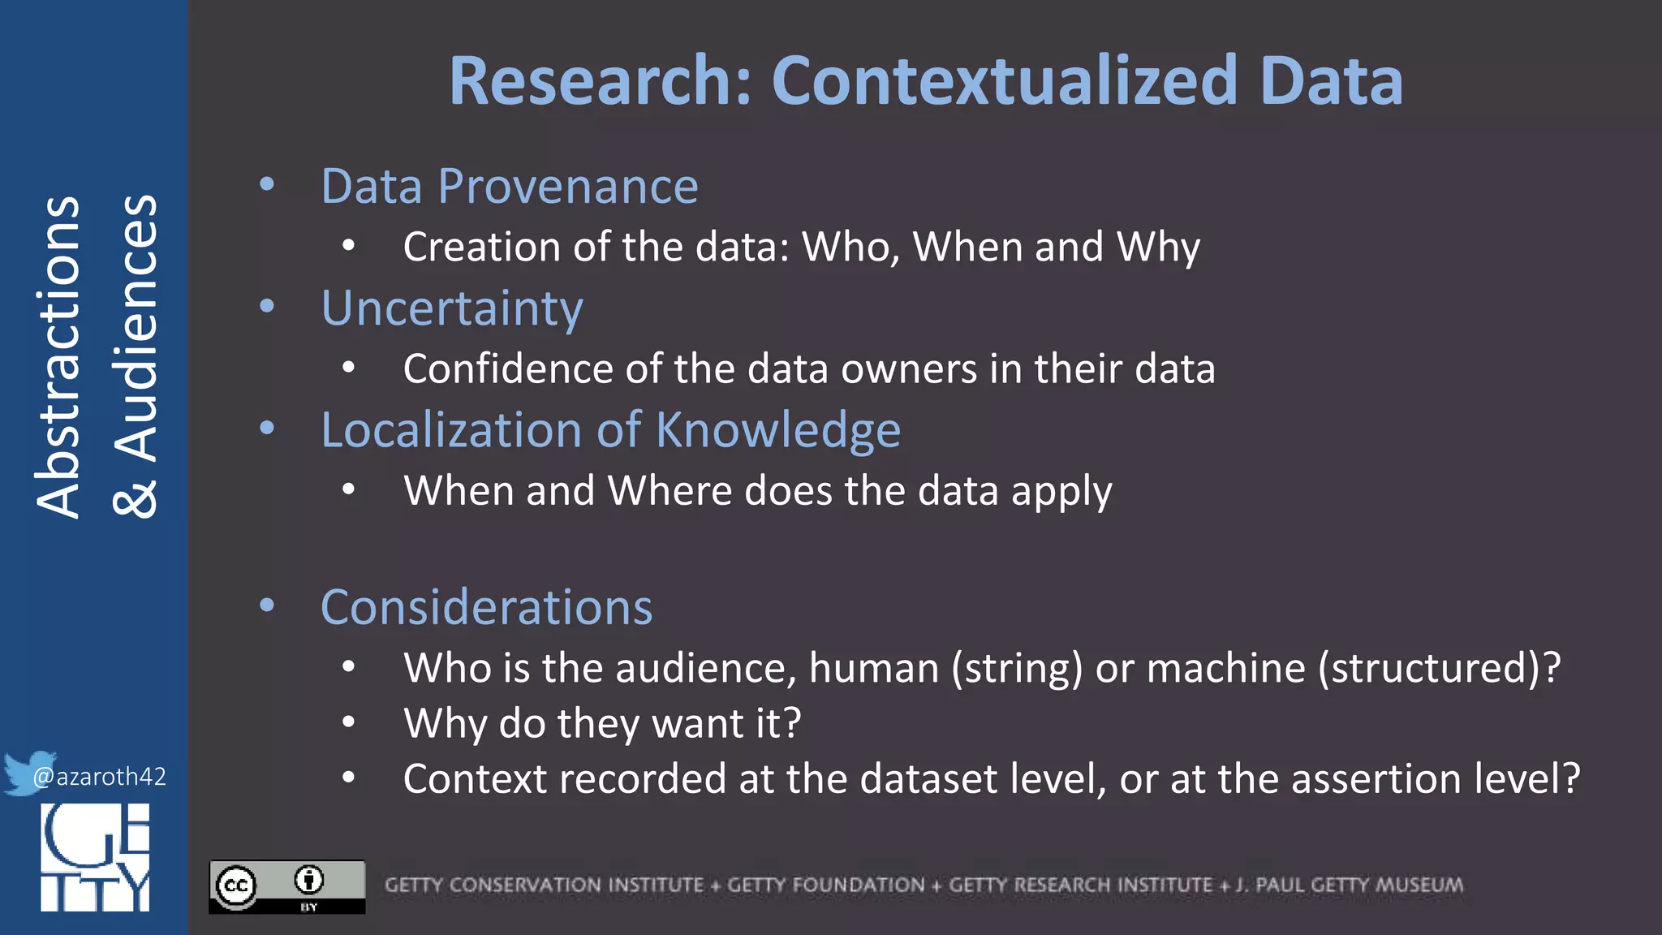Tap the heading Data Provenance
pos(510,186)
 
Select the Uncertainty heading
pos(452,308)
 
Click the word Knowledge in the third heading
pos(777,429)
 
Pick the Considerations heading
pos(486,607)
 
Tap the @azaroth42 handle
pos(99,777)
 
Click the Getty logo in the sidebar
pos(95,857)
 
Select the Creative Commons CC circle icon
pos(236,885)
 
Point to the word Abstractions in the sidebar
pos(58,357)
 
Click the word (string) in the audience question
pos(1017,668)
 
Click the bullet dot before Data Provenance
pos(267,185)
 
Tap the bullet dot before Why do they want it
pos(349,722)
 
